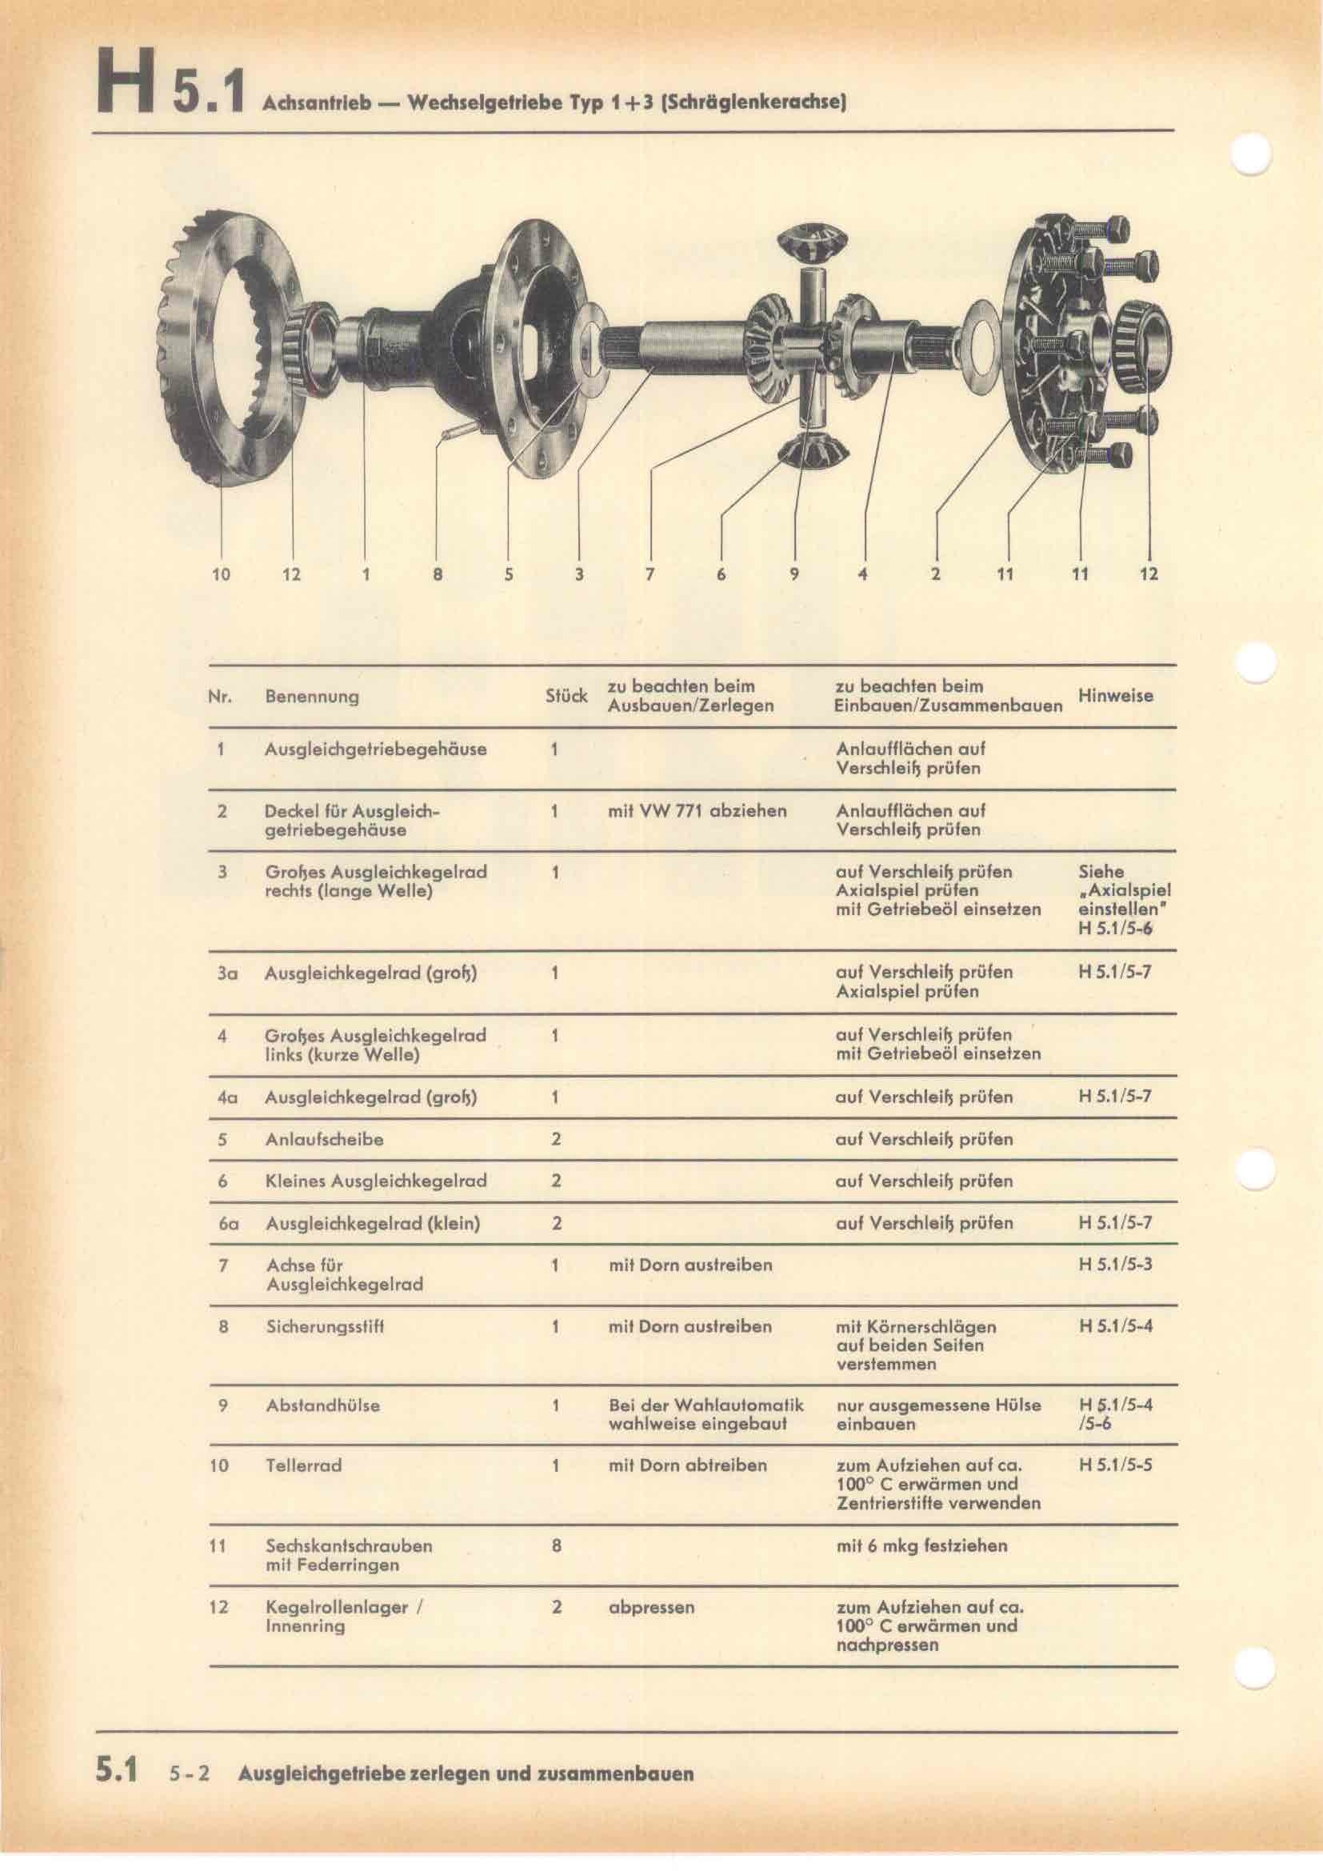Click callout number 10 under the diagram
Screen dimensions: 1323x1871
pos(221,574)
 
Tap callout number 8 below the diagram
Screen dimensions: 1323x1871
pos(438,574)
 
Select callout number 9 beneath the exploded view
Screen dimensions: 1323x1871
pos(794,574)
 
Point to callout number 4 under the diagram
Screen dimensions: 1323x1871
pos(863,574)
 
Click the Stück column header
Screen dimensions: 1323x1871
pos(566,696)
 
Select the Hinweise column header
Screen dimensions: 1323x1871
pos(1115,695)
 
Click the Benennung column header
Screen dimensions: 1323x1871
pos(312,697)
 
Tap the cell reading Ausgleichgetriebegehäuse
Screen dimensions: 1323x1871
pos(376,749)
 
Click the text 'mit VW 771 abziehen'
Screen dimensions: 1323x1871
pos(697,811)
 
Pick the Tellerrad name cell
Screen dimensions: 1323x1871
pos(303,1465)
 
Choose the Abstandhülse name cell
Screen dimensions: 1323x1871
pos(322,1405)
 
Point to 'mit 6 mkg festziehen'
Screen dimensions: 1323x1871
pos(921,1546)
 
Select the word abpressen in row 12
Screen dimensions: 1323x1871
pos(651,1608)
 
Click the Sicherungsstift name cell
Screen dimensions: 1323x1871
pos(325,1326)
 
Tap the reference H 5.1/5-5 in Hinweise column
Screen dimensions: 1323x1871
pos(1115,1465)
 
